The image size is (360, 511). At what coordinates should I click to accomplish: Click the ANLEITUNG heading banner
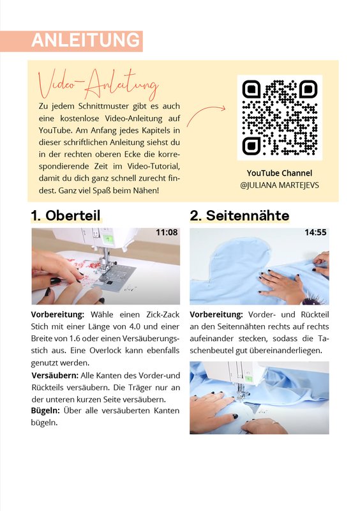click(71, 41)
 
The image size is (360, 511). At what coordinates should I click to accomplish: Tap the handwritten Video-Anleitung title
click(98, 84)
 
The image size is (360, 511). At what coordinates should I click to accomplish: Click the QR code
click(280, 118)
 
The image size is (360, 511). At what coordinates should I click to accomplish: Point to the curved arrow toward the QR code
click(206, 114)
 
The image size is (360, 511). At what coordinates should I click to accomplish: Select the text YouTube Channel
click(280, 173)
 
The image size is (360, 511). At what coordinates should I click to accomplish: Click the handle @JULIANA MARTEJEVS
click(280, 185)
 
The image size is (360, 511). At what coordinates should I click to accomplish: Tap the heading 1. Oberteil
click(66, 215)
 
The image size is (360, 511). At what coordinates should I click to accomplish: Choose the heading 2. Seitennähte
click(239, 215)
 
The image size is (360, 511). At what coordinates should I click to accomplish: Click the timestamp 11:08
click(167, 233)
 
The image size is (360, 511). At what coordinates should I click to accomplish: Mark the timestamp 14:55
click(315, 233)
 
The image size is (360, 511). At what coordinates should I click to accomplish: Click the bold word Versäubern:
click(55, 376)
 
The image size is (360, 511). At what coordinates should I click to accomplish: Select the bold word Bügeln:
click(45, 411)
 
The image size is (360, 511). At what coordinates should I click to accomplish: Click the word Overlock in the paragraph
click(105, 351)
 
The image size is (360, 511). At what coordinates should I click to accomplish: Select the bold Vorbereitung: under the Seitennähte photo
click(216, 315)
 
